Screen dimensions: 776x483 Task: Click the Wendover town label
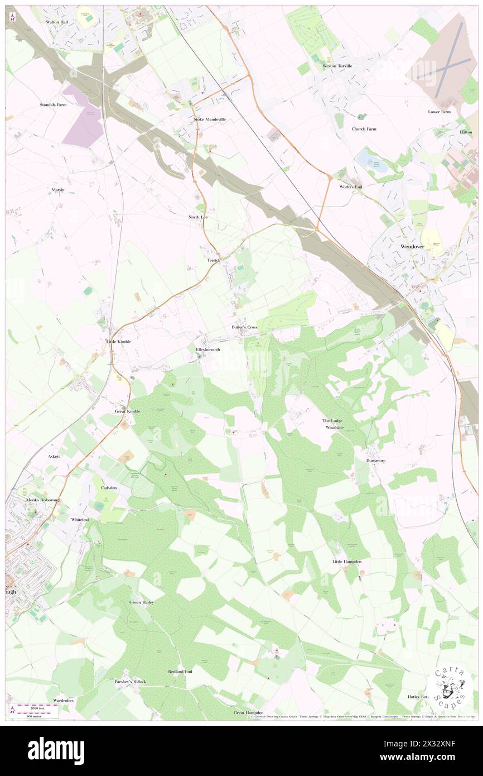tap(413, 246)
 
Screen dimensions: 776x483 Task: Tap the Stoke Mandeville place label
tap(209, 119)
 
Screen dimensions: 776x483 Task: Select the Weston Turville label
tap(337, 66)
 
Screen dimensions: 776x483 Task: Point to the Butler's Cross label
tap(244, 327)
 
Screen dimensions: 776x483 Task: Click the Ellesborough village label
tap(208, 349)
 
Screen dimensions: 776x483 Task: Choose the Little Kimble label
tap(119, 341)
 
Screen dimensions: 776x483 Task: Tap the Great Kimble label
tap(128, 411)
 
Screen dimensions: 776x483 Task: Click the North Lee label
tap(198, 216)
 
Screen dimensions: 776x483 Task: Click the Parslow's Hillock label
tap(131, 682)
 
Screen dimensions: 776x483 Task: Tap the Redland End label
tap(180, 671)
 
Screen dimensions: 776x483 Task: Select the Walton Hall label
tap(56, 22)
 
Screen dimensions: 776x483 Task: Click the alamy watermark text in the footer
tap(56, 750)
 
